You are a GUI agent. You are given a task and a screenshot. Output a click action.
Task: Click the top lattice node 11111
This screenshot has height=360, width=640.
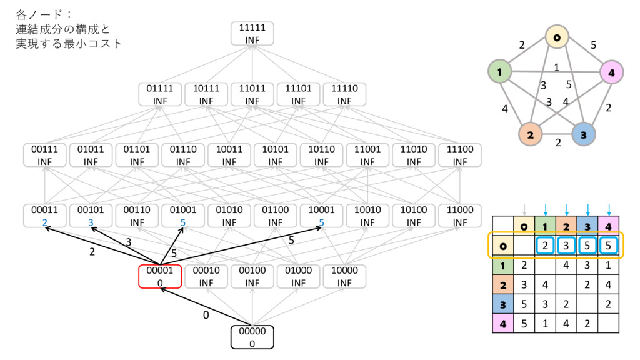click(x=252, y=33)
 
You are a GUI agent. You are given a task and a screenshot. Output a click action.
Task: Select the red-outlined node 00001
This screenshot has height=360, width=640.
click(x=160, y=276)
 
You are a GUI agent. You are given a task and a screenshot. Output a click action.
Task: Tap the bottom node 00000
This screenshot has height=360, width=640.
click(x=252, y=337)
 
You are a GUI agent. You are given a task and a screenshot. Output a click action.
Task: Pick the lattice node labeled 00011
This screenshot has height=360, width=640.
click(x=45, y=216)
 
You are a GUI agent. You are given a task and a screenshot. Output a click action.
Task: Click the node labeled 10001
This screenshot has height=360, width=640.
click(x=321, y=216)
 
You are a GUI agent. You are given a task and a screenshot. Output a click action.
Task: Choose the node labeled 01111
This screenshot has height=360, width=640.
click(x=160, y=94)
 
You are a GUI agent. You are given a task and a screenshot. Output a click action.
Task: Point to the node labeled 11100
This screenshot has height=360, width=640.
click(x=459, y=155)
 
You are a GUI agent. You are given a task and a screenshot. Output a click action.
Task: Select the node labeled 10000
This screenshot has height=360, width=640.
click(x=344, y=276)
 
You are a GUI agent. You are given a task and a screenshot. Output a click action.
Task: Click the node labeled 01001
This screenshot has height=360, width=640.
click(x=183, y=216)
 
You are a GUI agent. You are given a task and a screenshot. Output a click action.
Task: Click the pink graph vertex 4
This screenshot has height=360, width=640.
click(x=612, y=73)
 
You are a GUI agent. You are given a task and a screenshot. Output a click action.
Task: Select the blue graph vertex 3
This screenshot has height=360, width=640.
click(x=583, y=134)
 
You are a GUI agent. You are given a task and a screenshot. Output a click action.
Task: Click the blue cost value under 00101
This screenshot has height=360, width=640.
click(x=91, y=222)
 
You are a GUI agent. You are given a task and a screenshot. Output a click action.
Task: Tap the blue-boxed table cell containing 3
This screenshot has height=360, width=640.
click(x=566, y=246)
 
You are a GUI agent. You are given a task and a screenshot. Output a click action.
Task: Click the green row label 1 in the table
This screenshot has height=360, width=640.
click(x=502, y=266)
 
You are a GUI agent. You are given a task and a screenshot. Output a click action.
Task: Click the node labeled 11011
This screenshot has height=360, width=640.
click(x=252, y=94)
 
